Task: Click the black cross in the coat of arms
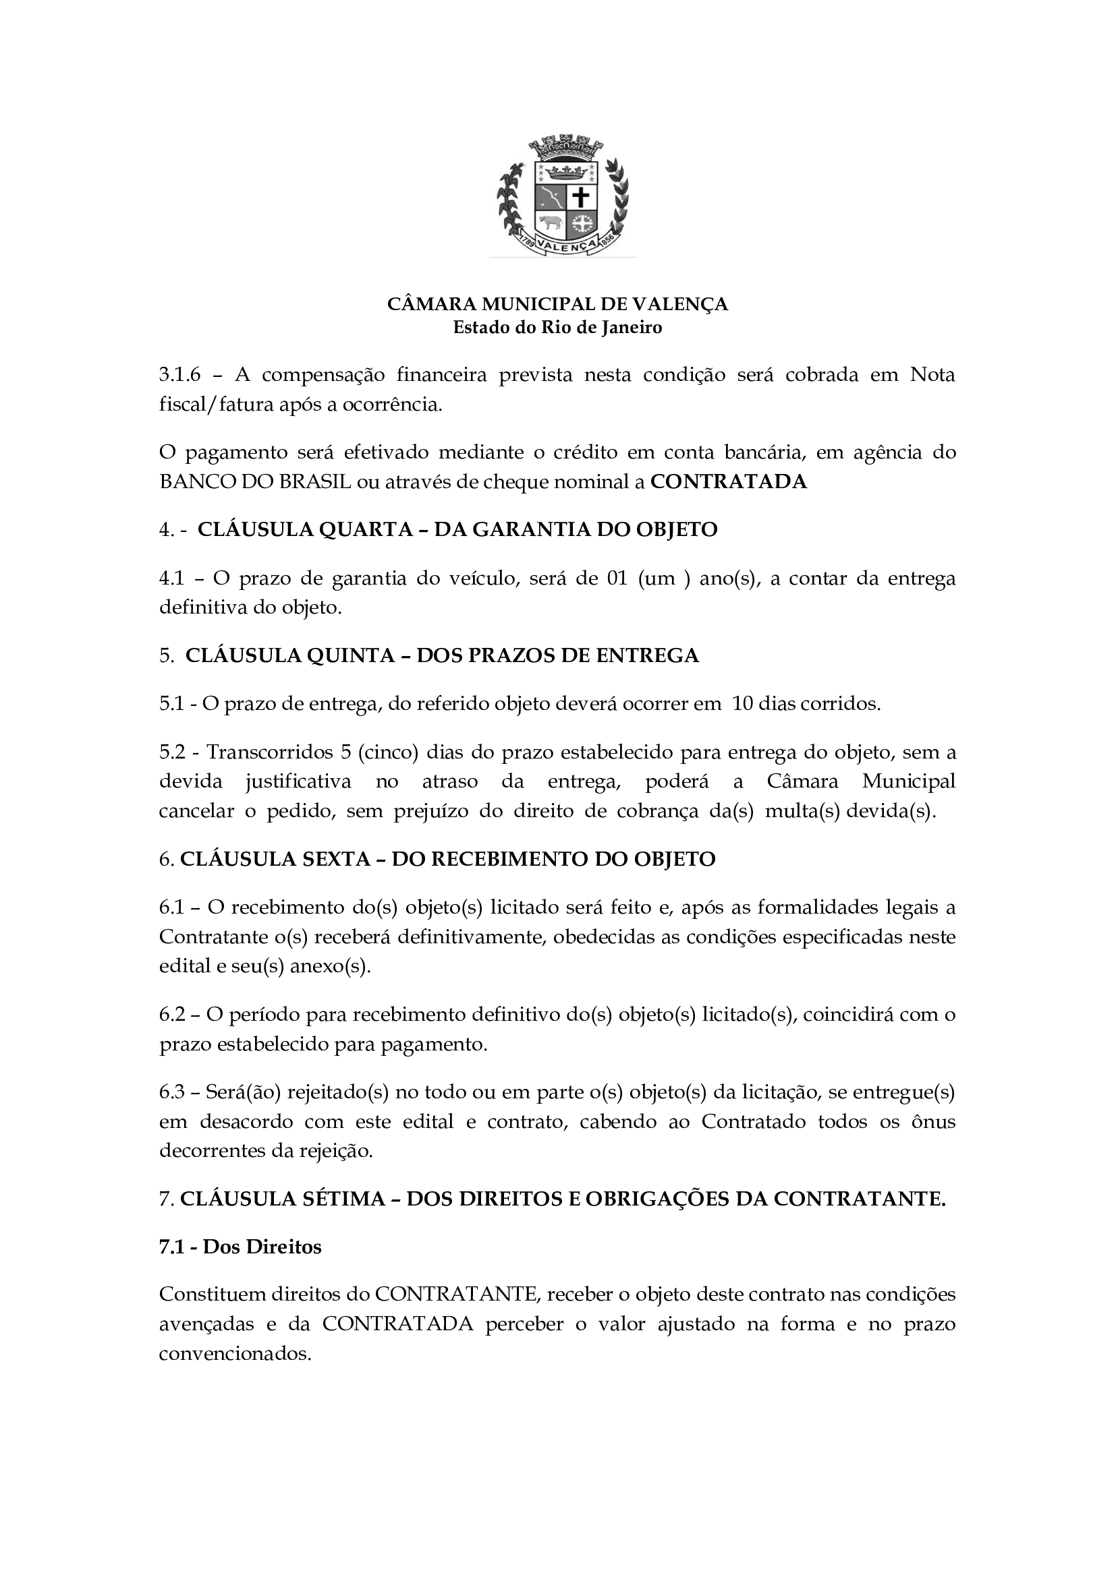point(581,198)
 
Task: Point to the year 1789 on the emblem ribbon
point(526,242)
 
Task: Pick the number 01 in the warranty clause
point(617,578)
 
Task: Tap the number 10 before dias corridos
point(742,704)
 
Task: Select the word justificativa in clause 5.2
point(297,781)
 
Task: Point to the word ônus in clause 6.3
point(932,1122)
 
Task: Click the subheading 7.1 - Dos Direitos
point(240,1247)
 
